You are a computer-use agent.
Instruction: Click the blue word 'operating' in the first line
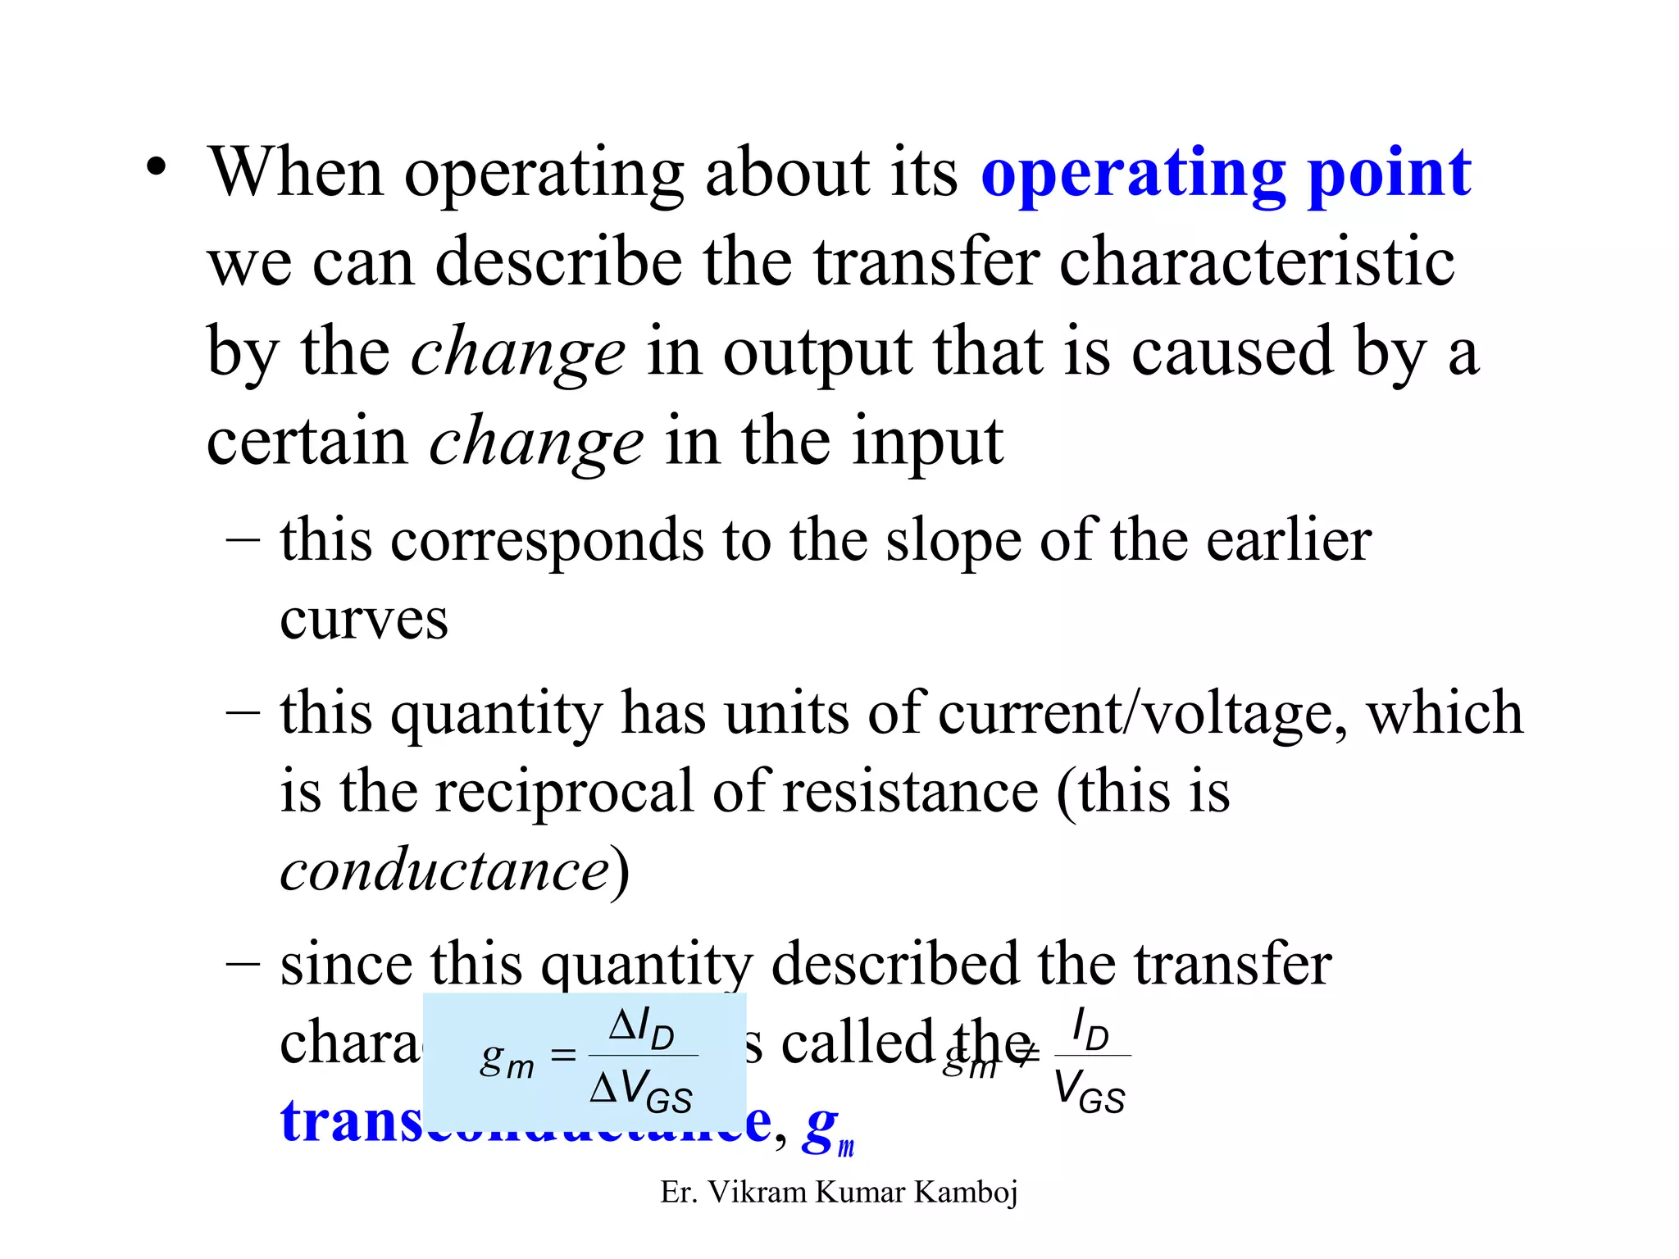pyautogui.click(x=1134, y=175)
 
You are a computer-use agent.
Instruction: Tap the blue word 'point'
pyautogui.click(x=1389, y=175)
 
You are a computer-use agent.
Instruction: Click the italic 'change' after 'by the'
pyautogui.click(x=517, y=352)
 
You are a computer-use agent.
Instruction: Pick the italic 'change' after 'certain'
pyautogui.click(x=536, y=443)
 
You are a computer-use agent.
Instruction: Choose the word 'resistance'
pyautogui.click(x=911, y=792)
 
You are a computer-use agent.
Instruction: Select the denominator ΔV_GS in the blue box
pyautogui.click(x=642, y=1090)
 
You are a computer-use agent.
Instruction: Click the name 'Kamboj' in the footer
pyautogui.click(x=966, y=1192)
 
